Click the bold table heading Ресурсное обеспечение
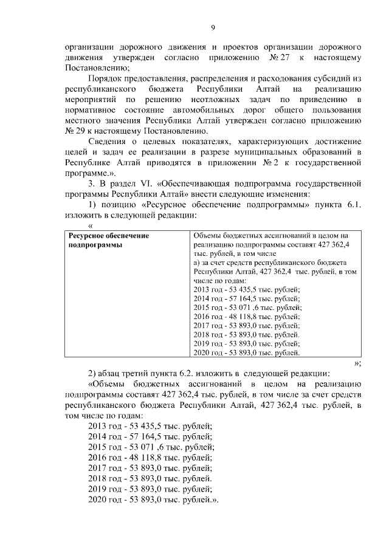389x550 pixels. [109, 235]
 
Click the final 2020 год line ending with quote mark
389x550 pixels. [153, 500]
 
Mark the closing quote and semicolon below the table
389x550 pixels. [358, 363]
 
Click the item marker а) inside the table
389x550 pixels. [196, 262]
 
